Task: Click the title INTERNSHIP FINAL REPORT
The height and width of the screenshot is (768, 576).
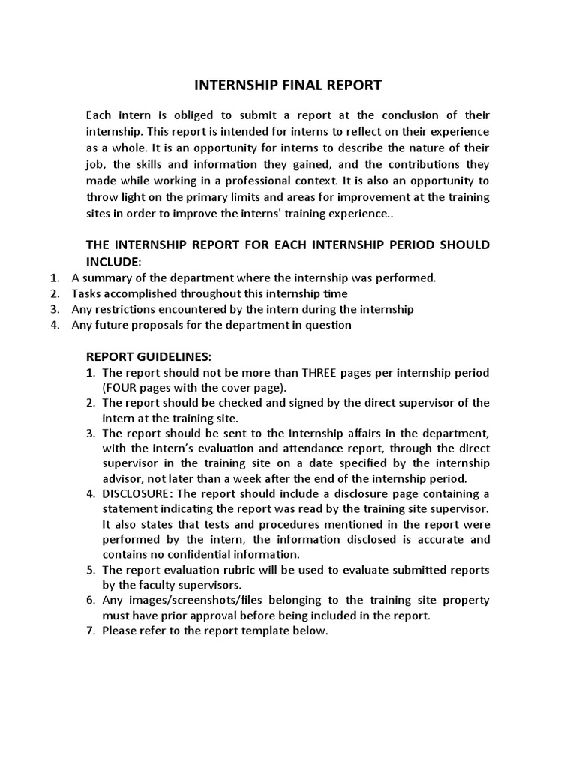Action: point(288,85)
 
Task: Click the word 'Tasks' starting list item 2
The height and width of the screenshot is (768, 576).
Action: point(85,294)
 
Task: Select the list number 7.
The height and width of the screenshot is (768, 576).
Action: point(90,631)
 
